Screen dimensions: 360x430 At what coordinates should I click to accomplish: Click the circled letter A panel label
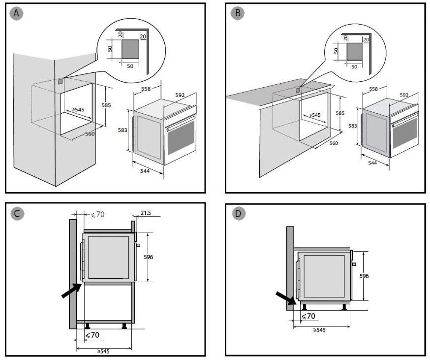(17, 13)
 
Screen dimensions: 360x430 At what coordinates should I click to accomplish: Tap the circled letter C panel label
(17, 213)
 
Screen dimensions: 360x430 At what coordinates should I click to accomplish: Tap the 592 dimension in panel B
(404, 95)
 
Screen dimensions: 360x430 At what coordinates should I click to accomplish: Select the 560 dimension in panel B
(334, 143)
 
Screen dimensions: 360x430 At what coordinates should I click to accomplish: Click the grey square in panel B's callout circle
(354, 51)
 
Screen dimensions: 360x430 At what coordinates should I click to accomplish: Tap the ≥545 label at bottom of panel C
(102, 351)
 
